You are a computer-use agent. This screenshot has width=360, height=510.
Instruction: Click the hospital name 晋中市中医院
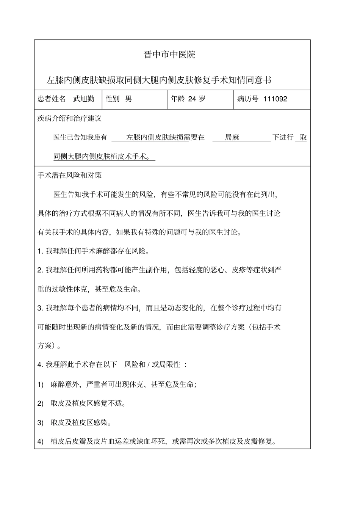tap(170, 55)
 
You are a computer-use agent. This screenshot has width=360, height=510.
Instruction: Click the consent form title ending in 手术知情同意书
tap(158, 80)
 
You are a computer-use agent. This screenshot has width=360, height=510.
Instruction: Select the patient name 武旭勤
tap(84, 99)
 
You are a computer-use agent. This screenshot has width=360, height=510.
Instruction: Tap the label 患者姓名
tap(52, 99)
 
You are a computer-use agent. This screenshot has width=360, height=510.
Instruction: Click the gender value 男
tap(129, 99)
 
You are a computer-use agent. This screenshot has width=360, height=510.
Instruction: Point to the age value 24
tap(192, 99)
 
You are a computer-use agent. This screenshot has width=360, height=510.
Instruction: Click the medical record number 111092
tap(275, 99)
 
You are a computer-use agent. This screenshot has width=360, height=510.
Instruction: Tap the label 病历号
tap(248, 99)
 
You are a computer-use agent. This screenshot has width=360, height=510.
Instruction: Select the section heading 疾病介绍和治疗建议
tap(70, 118)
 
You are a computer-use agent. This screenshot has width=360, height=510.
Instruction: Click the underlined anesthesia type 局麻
tap(232, 137)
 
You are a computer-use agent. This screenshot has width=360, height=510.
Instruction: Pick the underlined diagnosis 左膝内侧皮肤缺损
tap(155, 137)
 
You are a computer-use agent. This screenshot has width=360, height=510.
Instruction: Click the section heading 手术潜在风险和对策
tap(70, 175)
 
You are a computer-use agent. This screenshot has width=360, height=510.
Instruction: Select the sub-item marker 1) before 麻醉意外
tap(41, 384)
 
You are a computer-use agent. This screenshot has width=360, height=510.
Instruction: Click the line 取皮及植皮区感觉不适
tap(88, 403)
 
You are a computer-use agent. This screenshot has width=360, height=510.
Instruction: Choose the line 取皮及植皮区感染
tap(81, 422)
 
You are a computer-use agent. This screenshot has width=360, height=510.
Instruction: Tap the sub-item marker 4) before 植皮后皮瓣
tap(41, 441)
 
